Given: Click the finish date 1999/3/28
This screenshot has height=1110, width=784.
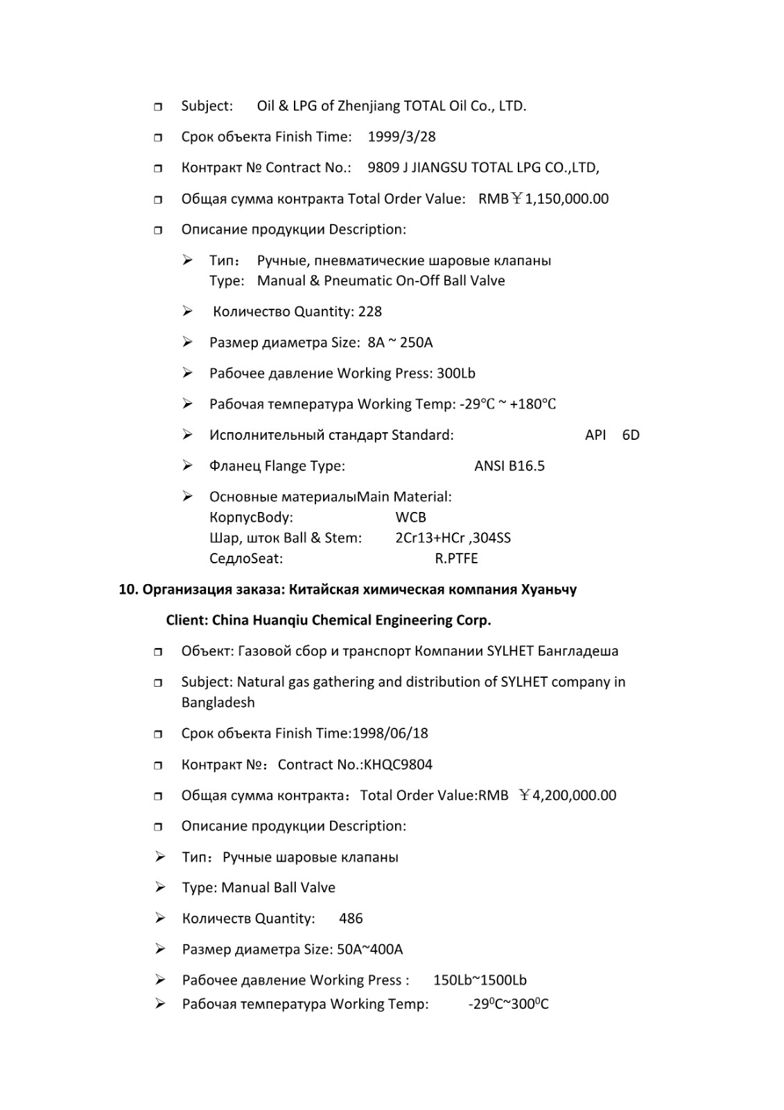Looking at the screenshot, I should click(401, 137).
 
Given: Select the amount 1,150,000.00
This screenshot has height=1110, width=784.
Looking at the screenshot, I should click(566, 199).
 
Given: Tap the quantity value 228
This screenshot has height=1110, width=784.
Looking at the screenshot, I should click(369, 311).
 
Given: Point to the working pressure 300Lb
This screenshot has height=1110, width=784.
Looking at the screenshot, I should click(455, 373).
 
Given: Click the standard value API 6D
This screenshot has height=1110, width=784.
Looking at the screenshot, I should click(611, 435).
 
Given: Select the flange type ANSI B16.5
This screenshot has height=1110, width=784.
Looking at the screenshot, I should click(509, 466).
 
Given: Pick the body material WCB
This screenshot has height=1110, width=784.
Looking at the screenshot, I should click(410, 518).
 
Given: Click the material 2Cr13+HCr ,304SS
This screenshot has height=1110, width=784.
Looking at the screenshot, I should click(453, 538).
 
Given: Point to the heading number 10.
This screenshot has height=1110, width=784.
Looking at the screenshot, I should click(128, 590).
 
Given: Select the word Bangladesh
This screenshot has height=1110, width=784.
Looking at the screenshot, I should click(218, 703).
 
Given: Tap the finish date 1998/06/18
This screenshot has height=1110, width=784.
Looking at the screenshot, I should click(390, 733).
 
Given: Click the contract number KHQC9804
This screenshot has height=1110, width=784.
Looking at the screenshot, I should click(398, 765).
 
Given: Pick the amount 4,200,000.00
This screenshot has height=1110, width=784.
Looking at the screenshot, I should click(574, 796).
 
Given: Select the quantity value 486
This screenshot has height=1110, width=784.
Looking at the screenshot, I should click(351, 919).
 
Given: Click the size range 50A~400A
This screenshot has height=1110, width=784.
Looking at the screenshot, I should click(369, 950).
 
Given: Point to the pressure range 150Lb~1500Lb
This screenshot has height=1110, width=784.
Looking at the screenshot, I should click(480, 980).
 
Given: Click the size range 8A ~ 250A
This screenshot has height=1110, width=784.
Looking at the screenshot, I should click(400, 343).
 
